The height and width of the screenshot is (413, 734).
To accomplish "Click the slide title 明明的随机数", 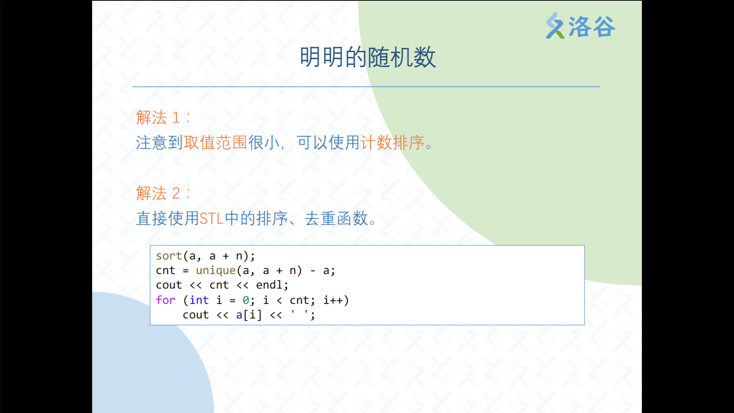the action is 368,57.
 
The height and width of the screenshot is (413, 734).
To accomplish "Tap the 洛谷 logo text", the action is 592,27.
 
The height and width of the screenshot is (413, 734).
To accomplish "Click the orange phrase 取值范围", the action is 216,143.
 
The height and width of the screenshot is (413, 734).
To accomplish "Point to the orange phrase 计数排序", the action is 393,143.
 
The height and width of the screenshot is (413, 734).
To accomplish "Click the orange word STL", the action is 211,219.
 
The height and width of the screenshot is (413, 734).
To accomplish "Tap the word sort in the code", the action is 169,256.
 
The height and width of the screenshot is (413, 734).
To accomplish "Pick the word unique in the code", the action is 216,271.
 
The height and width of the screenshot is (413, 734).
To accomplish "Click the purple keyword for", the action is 166,300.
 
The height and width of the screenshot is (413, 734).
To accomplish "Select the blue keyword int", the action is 199,300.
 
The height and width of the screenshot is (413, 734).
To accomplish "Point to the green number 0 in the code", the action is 246,301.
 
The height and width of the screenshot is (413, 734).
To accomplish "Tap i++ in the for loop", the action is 333,300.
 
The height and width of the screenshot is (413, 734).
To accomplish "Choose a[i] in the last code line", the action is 249,315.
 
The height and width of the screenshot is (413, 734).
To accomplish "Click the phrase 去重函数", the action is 336,219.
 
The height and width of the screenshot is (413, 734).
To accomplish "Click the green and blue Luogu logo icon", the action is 555,26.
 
